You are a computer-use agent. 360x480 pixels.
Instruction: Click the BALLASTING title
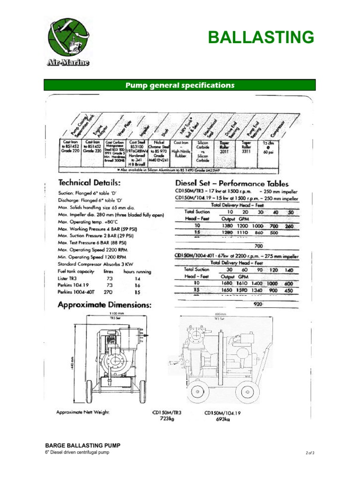[x=261, y=37]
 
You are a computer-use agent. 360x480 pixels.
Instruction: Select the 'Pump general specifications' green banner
[x=180, y=85]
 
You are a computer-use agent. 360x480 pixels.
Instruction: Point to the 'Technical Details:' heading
[x=90, y=182]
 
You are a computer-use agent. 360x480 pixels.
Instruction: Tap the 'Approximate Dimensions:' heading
[x=104, y=305]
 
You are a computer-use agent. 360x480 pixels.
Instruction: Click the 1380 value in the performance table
[x=230, y=226]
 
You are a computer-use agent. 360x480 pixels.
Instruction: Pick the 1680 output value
[x=230, y=283]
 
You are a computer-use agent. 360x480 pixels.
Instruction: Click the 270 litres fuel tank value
[x=108, y=292]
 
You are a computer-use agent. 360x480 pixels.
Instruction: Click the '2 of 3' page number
[x=309, y=453]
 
